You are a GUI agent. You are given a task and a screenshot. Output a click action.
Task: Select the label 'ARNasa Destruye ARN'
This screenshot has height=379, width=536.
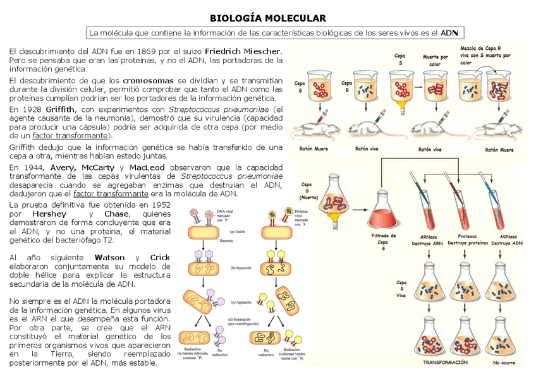point(428,239)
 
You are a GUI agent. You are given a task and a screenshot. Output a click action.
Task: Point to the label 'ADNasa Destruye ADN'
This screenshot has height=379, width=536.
point(507,239)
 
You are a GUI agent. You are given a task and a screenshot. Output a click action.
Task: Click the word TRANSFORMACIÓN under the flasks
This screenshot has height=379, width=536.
point(445,363)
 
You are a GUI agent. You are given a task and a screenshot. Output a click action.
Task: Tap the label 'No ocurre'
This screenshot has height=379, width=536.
point(504,363)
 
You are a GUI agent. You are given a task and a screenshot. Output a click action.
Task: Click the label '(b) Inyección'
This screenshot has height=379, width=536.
point(241,268)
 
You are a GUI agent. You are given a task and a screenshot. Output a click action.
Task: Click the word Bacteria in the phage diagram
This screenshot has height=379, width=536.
point(228,241)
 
